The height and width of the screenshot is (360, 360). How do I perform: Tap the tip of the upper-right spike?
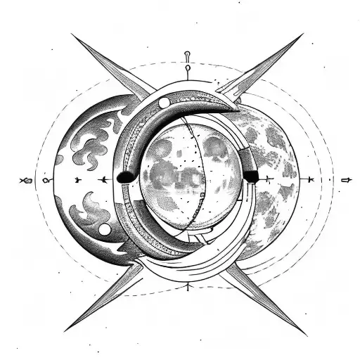coord(303,34)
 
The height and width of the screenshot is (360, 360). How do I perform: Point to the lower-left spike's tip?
coord(65,331)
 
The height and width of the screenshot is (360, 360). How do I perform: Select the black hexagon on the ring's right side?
coord(251,176)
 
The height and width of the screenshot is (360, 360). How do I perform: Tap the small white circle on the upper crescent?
coord(164,103)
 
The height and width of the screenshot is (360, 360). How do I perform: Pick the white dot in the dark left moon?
coord(104,230)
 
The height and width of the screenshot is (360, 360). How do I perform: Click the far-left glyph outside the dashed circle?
coord(26,181)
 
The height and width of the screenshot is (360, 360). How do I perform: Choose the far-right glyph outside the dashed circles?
coord(345,181)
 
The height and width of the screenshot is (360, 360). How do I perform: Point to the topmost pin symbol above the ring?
coord(187,55)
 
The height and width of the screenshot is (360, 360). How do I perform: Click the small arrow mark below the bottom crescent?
coord(188,286)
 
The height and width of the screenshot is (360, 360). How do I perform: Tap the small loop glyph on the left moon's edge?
coord(46,181)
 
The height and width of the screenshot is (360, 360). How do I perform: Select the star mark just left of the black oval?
coord(104,180)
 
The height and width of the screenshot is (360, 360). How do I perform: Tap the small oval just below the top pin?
coord(188,70)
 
